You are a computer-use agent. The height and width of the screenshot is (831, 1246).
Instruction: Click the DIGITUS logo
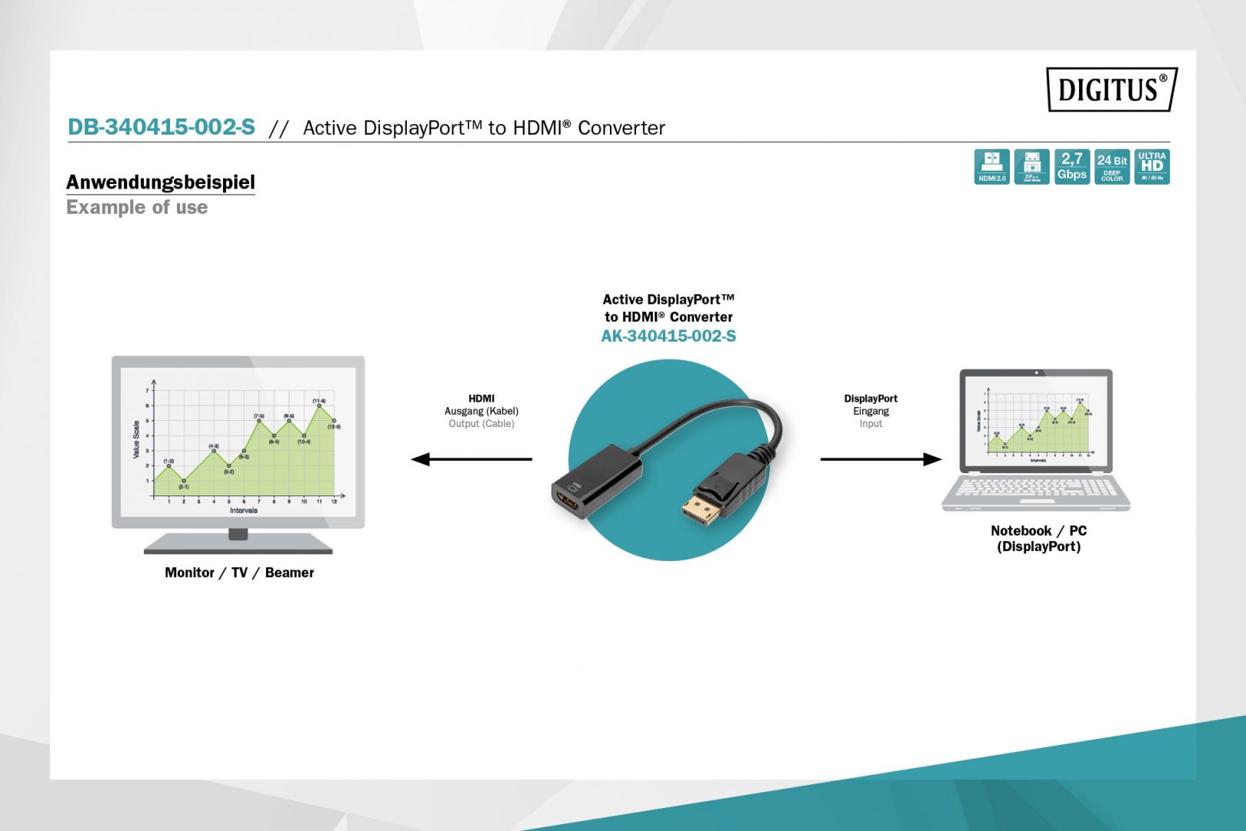[1111, 89]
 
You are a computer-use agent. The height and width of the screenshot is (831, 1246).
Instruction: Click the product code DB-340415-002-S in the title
[162, 127]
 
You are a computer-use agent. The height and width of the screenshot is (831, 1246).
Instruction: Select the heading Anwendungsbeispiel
[160, 182]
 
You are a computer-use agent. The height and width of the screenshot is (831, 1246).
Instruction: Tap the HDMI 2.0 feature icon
[991, 166]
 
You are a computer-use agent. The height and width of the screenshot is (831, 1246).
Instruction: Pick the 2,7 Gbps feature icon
[1071, 166]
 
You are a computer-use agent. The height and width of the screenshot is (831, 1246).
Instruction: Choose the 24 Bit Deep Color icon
[1111, 166]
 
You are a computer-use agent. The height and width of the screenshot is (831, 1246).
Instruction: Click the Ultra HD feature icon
[1151, 166]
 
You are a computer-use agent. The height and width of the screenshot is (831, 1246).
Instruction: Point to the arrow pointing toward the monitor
[471, 459]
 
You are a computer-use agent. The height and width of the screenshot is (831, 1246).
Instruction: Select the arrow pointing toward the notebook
[881, 459]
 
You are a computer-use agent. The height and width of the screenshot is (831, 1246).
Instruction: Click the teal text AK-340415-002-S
[668, 336]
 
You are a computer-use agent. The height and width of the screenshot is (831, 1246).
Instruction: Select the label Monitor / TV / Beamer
[239, 572]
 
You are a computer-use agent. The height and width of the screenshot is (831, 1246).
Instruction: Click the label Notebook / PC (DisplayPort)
[1038, 539]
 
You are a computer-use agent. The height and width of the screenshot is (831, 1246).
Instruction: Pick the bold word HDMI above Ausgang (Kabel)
[481, 399]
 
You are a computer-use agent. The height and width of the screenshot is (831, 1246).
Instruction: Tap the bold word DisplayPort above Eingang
[871, 399]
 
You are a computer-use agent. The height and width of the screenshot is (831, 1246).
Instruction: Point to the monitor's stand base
[238, 549]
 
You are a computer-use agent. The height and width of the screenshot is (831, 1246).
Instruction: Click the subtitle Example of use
[137, 208]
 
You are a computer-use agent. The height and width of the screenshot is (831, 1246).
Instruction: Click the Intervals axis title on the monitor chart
[243, 510]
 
